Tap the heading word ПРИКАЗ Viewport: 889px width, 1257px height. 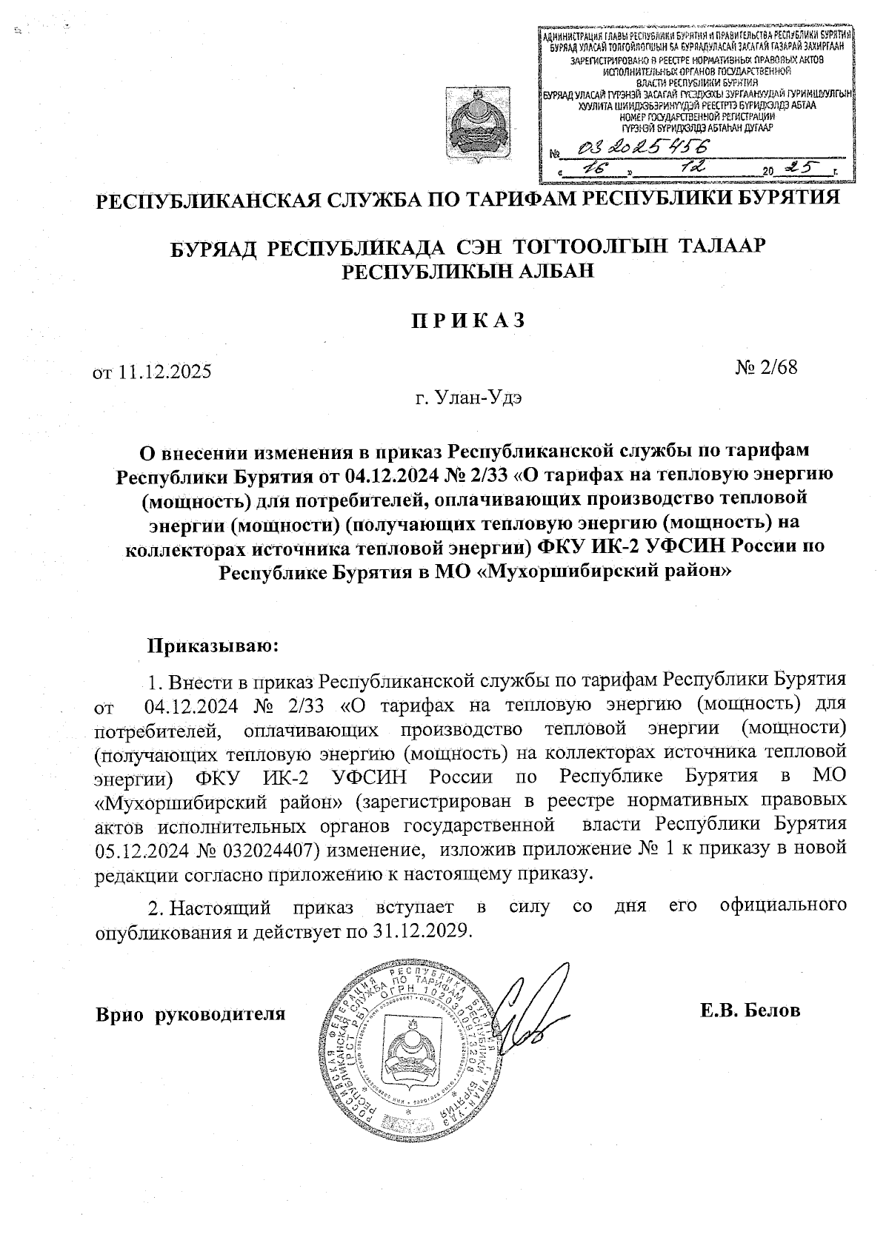468,321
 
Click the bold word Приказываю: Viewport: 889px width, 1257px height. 213,646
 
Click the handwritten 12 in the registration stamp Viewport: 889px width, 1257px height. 695,169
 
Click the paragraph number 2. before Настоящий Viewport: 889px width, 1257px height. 153,908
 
